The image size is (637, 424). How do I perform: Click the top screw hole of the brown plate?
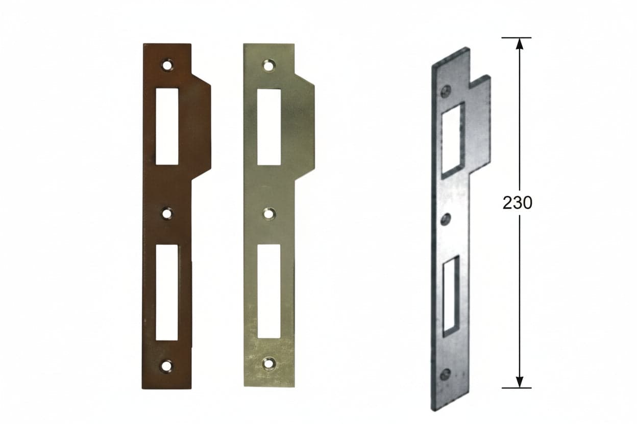[x=167, y=65]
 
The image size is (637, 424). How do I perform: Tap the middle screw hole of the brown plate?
[x=167, y=214]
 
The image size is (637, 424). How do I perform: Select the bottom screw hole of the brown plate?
[x=166, y=366]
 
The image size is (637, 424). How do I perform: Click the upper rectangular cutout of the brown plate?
[x=167, y=126]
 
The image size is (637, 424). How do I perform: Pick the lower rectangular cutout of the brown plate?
[x=167, y=293]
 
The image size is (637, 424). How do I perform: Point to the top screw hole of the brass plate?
[x=268, y=66]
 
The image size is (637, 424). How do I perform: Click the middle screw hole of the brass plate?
[x=269, y=214]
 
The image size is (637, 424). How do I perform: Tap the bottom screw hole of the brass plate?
[x=268, y=363]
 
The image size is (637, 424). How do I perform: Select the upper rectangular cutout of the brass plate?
[x=269, y=127]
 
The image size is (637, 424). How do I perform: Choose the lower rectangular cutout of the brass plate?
[x=269, y=291]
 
